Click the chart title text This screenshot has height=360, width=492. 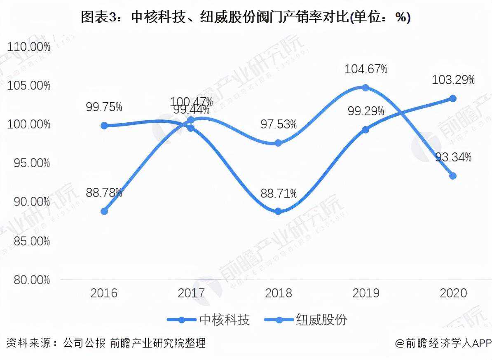[x=246, y=18]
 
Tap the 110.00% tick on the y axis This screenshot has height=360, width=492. [x=29, y=47]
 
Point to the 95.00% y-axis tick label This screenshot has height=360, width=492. [x=29, y=163]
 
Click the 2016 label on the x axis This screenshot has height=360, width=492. [x=104, y=293]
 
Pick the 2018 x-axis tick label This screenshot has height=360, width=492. [x=279, y=293]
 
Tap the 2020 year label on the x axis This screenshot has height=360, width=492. [x=453, y=293]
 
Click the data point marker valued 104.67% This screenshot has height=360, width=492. [x=365, y=87]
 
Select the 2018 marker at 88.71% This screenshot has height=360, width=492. [x=278, y=211]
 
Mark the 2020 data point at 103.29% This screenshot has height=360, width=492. [x=453, y=98]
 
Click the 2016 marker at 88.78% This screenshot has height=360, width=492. [x=104, y=211]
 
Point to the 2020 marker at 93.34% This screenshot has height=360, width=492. [x=453, y=176]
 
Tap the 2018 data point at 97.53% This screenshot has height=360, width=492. [x=278, y=143]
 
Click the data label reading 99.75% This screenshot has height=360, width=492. [x=104, y=107]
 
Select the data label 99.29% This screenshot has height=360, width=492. [x=366, y=111]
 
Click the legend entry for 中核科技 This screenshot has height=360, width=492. [x=209, y=320]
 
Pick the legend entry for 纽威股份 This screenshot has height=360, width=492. [x=305, y=320]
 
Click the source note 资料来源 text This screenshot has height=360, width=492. [x=106, y=343]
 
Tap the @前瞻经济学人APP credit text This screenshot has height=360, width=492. [x=443, y=343]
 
